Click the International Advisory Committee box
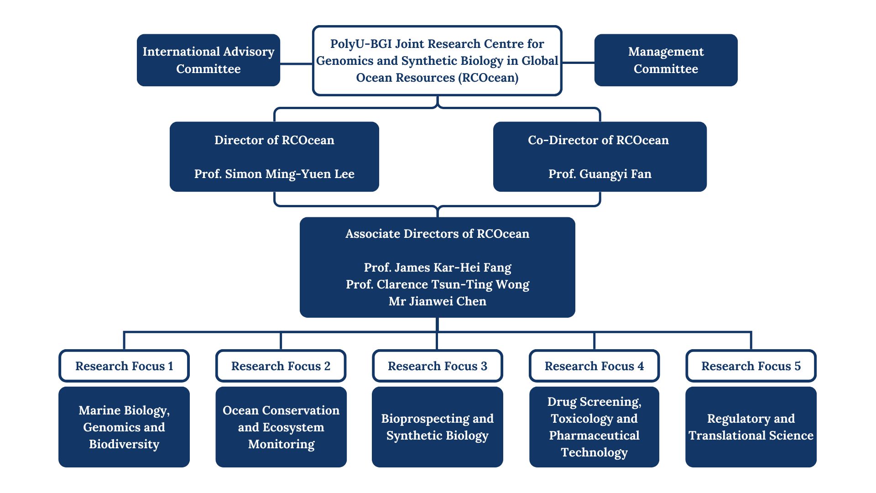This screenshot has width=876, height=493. (209, 60)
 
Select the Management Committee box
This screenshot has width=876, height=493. (666, 60)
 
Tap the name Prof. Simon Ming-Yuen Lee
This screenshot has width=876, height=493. (274, 174)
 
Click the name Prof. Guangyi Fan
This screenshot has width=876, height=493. (600, 174)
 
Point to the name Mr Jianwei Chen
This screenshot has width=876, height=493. (437, 301)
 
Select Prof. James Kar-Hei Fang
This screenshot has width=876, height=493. (437, 267)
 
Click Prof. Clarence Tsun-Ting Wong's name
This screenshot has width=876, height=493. (437, 284)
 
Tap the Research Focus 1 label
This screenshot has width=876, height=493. (124, 366)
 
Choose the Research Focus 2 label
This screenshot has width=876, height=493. (281, 366)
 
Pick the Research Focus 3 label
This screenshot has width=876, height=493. (437, 366)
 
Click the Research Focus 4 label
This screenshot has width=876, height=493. (594, 366)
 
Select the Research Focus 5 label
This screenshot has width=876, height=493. (751, 366)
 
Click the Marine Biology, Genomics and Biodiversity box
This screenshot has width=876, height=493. (124, 427)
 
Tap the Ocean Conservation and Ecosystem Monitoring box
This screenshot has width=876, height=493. (281, 427)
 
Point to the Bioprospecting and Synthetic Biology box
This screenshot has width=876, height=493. (437, 427)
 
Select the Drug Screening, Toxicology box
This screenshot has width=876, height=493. (594, 427)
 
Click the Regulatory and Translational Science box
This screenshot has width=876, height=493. (751, 427)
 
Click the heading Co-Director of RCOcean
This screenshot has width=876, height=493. (598, 140)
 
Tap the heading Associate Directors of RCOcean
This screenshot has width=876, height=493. (437, 234)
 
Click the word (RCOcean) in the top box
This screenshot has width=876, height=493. (490, 78)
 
